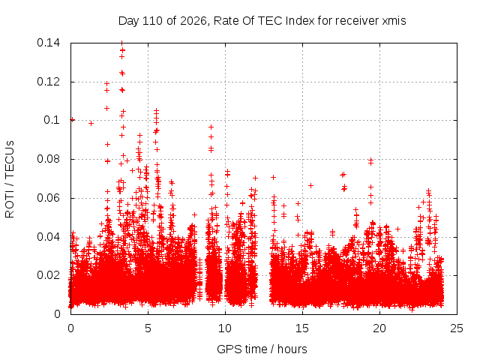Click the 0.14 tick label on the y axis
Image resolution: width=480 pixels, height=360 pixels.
[48, 43]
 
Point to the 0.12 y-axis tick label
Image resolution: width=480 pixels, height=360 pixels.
[48, 82]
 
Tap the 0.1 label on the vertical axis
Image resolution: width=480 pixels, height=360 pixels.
[52, 120]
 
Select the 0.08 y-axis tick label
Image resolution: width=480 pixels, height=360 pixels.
[48, 159]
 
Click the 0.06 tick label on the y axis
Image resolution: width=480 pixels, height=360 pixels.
[48, 198]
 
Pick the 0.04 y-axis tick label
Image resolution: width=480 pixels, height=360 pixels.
[48, 237]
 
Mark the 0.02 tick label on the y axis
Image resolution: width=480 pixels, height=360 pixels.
[48, 275]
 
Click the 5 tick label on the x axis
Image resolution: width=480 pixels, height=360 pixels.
[148, 328]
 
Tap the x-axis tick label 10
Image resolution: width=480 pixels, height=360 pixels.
[225, 328]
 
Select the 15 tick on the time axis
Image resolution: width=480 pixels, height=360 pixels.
[302, 328]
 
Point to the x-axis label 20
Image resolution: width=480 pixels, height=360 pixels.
[379, 328]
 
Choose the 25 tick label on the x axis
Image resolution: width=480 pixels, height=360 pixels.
[457, 328]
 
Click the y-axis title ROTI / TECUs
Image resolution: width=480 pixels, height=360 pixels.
[10, 179]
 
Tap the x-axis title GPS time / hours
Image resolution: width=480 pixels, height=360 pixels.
[262, 349]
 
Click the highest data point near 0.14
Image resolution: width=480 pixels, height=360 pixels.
[122, 43]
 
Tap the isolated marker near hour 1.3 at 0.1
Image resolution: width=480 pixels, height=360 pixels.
[91, 123]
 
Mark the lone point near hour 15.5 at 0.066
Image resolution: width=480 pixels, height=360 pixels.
[310, 185]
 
